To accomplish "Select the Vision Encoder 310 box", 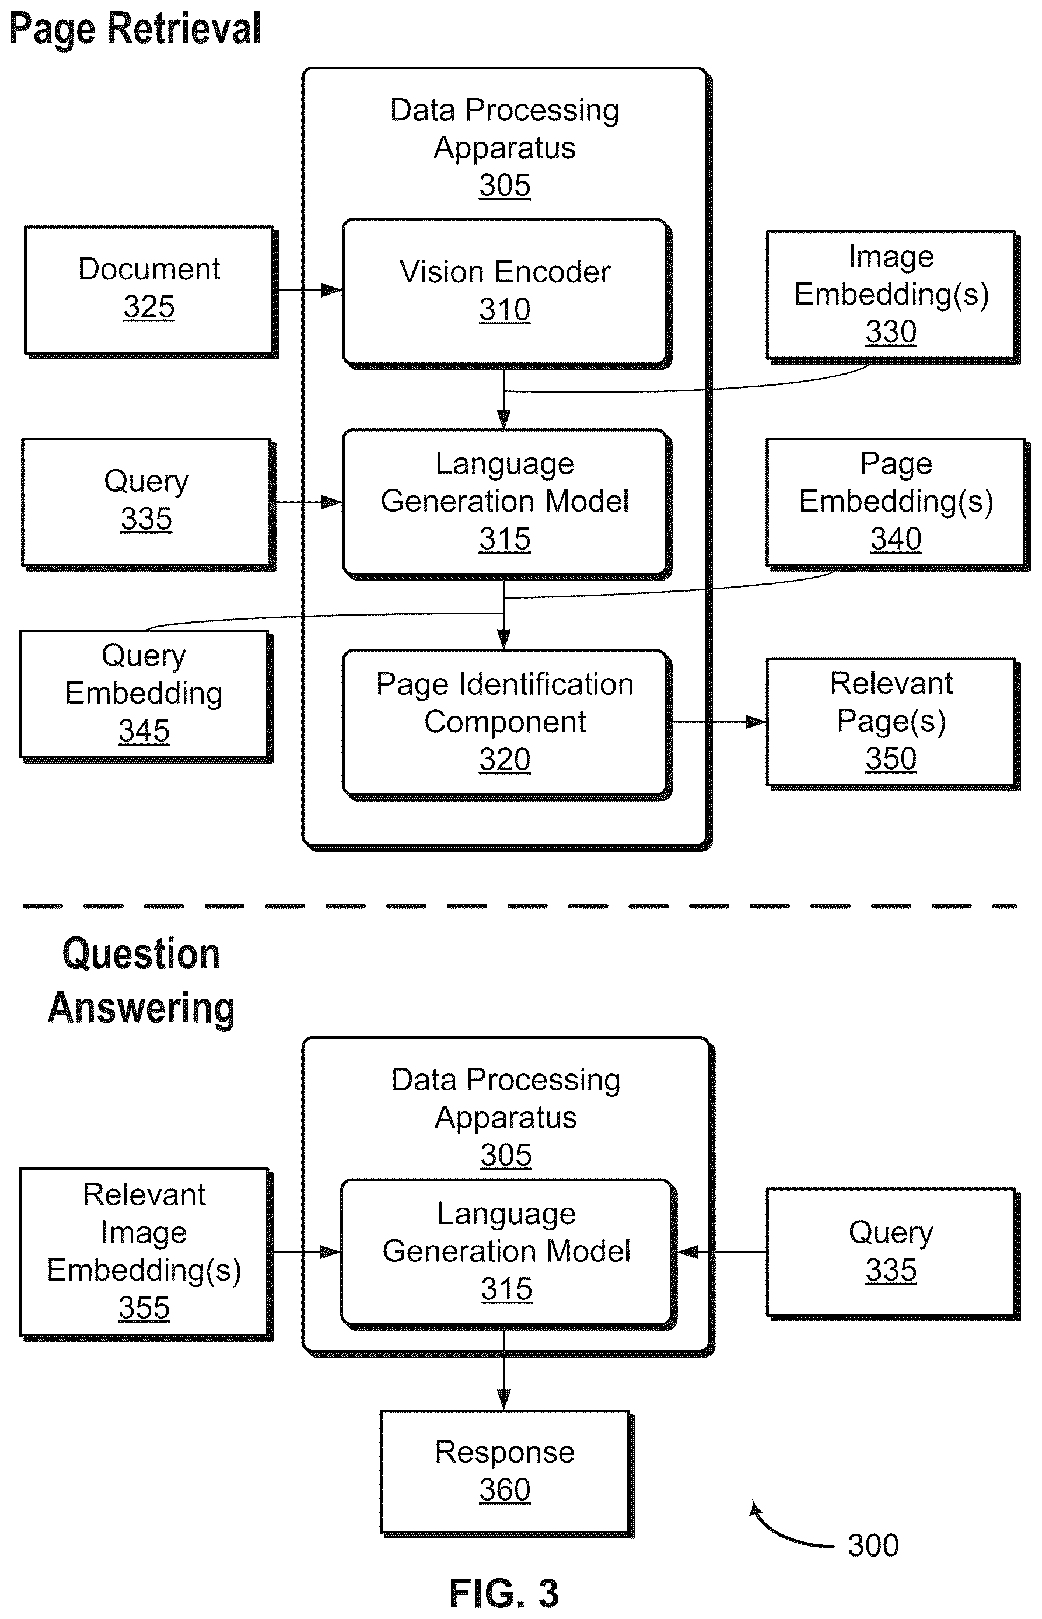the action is pos(506,293).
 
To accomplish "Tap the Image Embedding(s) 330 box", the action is pos(893,297).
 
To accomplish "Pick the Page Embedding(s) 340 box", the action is pos(897,504).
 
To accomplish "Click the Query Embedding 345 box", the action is pos(145,696).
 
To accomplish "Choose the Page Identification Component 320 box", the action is pos(506,725).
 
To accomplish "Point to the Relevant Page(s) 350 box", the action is pos(893,723).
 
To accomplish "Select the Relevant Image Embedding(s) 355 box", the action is pos(145,1254).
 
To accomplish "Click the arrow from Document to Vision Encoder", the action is pos(310,290).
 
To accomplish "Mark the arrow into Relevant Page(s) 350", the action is pos(719,722).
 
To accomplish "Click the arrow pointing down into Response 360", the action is pos(503,1369).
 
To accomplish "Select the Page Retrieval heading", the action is pos(135,29).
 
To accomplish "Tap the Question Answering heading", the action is pos(141,981).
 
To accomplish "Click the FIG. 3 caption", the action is pos(504,1593).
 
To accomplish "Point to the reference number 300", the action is pos(873,1545).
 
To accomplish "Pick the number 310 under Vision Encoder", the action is pos(505,310).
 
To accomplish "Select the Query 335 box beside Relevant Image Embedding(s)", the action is pos(893,1253).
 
